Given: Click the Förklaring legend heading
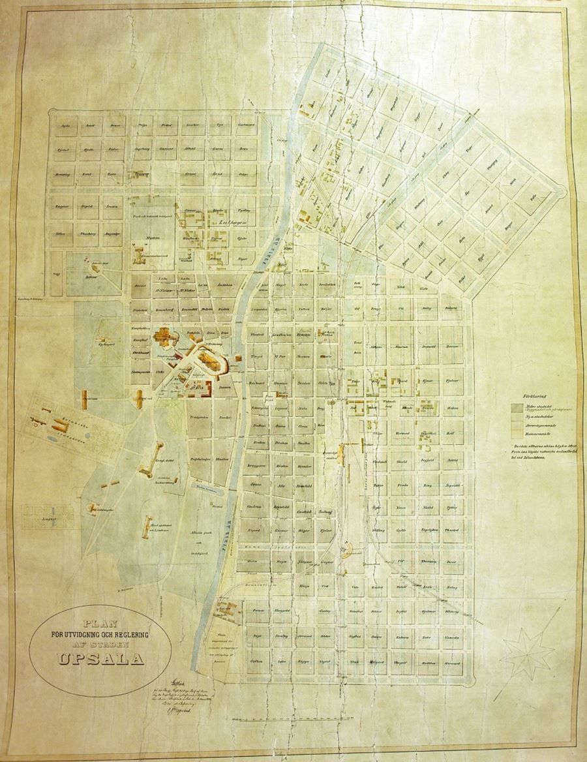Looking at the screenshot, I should click(x=533, y=395).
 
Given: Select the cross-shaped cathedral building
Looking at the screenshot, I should click(x=163, y=339).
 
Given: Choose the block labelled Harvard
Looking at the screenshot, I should click(x=451, y=661).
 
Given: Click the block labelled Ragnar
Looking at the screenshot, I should click(x=64, y=204).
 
